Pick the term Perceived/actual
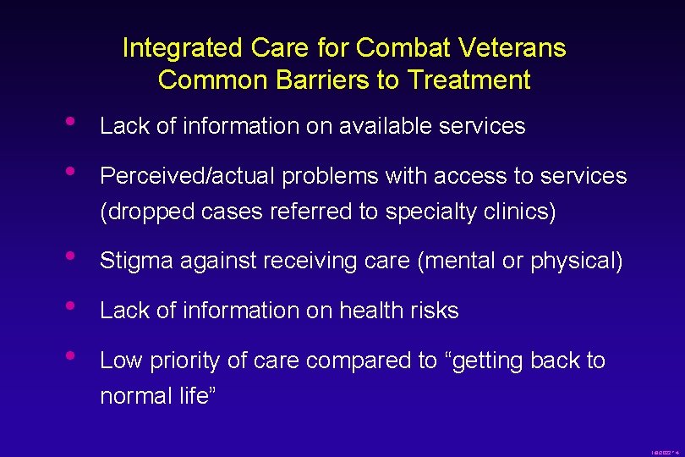coord(188,176)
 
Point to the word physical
coord(575,261)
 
